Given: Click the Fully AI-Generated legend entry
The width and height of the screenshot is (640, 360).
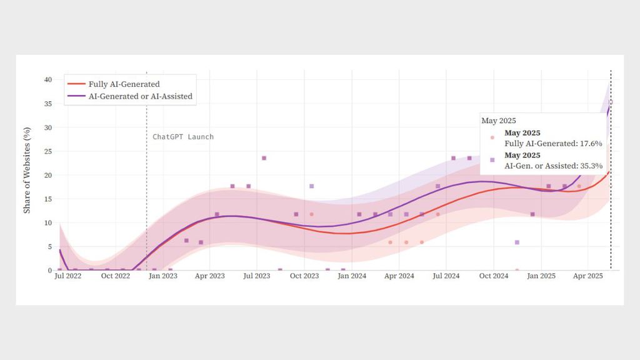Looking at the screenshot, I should pyautogui.click(x=122, y=84).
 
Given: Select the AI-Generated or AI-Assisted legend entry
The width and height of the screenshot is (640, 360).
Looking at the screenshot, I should pyautogui.click(x=139, y=96).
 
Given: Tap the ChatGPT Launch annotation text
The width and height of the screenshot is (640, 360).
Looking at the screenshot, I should pyautogui.click(x=183, y=137).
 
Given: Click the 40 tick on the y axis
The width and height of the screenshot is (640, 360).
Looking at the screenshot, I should pyautogui.click(x=47, y=79).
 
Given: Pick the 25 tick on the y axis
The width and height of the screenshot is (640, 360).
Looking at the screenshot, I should pyautogui.click(x=47, y=151).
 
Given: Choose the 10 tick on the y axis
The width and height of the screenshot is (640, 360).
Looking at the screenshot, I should pyautogui.click(x=47, y=222).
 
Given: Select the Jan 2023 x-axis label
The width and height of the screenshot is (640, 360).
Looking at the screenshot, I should pyautogui.click(x=162, y=276).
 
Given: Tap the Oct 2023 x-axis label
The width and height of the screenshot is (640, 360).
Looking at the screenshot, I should pyautogui.click(x=304, y=276).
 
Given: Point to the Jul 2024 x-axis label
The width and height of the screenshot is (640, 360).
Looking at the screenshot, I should pyautogui.click(x=446, y=276).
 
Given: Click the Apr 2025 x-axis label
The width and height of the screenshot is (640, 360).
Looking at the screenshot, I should pyautogui.click(x=587, y=276).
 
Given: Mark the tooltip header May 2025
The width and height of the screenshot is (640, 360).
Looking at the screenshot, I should pyautogui.click(x=498, y=121).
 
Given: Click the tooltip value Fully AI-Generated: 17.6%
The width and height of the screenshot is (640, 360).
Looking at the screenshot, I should pyautogui.click(x=553, y=144).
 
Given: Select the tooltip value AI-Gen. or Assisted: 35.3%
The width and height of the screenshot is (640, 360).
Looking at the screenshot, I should pyautogui.click(x=553, y=166).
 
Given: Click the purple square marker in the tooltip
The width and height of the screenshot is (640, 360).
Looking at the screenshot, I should pyautogui.click(x=492, y=160).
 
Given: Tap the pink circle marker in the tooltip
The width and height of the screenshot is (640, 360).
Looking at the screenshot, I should pyautogui.click(x=492, y=138).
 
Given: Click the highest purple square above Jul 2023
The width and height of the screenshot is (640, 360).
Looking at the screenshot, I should pyautogui.click(x=264, y=158).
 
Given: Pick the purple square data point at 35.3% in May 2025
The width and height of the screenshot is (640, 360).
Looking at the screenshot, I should pyautogui.click(x=611, y=102).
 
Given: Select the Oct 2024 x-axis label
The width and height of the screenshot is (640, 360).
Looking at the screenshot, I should pyautogui.click(x=494, y=276).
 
